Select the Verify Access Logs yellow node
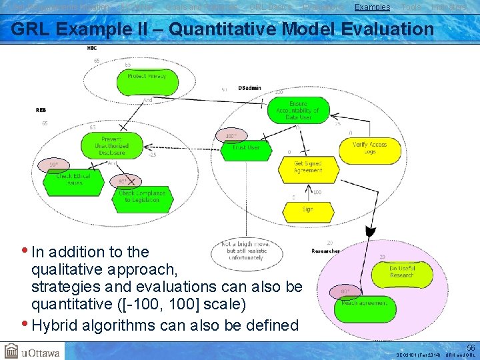(x=369, y=148)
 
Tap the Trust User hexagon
(x=246, y=148)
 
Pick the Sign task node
(x=307, y=209)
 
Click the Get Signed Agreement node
(x=307, y=167)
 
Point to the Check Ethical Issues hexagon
(x=74, y=179)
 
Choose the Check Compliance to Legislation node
(x=141, y=197)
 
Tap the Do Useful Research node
(x=402, y=272)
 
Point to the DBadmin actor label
(x=250, y=88)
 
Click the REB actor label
(x=41, y=110)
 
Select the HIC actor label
(x=91, y=48)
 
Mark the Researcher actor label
(x=326, y=251)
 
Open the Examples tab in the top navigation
(x=372, y=7)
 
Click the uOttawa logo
(x=32, y=351)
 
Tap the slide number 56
(x=471, y=347)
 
